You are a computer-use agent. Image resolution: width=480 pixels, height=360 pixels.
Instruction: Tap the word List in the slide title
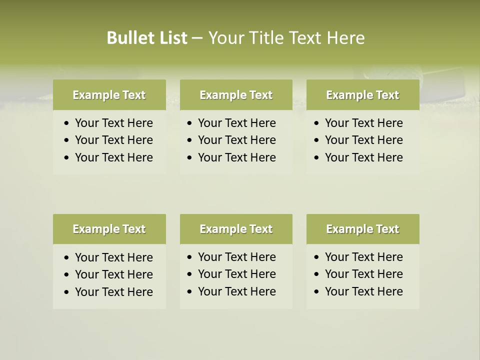point(171,38)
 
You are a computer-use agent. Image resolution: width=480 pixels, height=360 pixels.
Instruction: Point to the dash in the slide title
point(197,38)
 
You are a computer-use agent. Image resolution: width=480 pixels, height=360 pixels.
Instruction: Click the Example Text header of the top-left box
point(109,95)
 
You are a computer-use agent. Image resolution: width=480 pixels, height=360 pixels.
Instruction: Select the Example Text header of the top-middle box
point(236,95)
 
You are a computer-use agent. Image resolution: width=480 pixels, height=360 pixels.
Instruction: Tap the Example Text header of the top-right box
point(362,95)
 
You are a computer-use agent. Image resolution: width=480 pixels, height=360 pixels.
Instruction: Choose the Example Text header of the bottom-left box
point(109,229)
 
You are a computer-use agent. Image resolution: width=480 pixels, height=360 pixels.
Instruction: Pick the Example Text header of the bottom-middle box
point(236,229)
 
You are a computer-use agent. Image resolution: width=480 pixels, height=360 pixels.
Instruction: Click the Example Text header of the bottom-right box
point(362,229)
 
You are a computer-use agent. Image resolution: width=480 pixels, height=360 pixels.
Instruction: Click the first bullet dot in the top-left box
point(67,123)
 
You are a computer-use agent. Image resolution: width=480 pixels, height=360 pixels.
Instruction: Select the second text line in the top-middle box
point(236,140)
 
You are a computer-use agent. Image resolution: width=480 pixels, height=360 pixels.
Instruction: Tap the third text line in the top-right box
point(363,157)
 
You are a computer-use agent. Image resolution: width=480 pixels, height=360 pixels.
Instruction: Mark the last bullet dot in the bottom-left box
point(67,292)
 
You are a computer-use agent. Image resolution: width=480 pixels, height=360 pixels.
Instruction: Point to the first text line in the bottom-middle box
point(236,257)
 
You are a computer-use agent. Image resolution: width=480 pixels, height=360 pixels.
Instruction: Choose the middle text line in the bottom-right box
point(363,274)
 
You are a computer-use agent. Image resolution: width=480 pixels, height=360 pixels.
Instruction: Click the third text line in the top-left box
point(113,157)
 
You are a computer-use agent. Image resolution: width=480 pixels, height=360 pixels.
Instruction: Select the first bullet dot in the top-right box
point(317,123)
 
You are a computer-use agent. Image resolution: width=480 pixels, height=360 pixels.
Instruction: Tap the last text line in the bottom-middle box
point(236,291)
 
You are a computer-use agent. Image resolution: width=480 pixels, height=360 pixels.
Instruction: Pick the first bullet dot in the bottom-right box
point(317,257)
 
